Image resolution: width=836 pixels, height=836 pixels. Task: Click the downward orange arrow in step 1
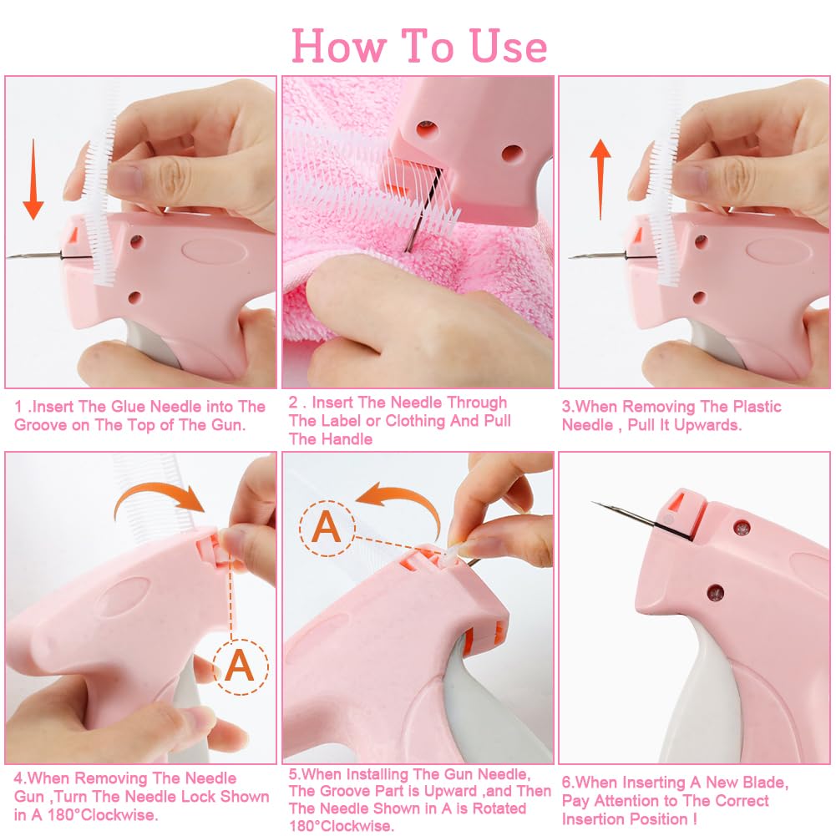click(x=33, y=180)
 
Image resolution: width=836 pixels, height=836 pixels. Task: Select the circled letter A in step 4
click(x=240, y=665)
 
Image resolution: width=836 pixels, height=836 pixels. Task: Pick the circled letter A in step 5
click(x=326, y=526)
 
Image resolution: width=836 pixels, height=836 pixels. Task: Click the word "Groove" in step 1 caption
click(x=44, y=423)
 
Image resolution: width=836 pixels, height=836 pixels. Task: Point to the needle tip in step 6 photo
click(x=595, y=503)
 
